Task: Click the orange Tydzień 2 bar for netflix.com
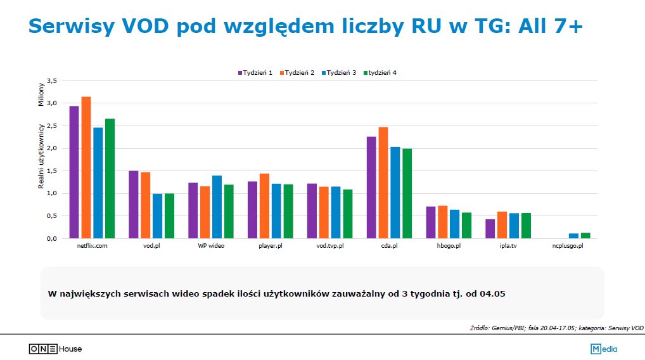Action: point(86,167)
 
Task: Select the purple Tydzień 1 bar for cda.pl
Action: point(371,188)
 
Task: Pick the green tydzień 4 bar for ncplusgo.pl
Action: point(585,235)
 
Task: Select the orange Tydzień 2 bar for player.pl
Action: point(264,206)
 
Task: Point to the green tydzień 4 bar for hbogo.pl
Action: point(466,226)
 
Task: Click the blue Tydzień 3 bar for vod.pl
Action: point(157,216)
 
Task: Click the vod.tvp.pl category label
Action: point(329,245)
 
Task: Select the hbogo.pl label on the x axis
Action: point(449,245)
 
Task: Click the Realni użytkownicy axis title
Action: point(41,156)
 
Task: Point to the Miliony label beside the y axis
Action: point(41,93)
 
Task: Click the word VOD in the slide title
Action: point(154,25)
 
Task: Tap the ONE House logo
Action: point(55,349)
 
